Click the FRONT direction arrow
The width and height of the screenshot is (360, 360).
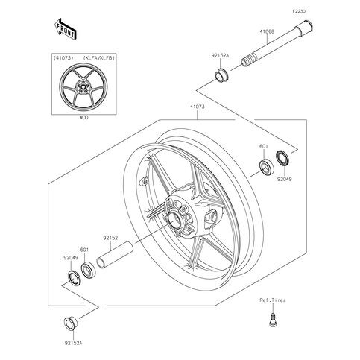point(65,29)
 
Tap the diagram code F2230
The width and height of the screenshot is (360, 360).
point(299,11)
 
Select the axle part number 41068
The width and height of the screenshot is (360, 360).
point(267,31)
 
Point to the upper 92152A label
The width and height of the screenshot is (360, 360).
point(220,56)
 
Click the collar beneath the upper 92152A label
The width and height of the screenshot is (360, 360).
point(221,75)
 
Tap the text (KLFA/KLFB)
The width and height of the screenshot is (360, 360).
point(99,58)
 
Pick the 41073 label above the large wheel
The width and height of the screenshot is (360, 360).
point(198,107)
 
